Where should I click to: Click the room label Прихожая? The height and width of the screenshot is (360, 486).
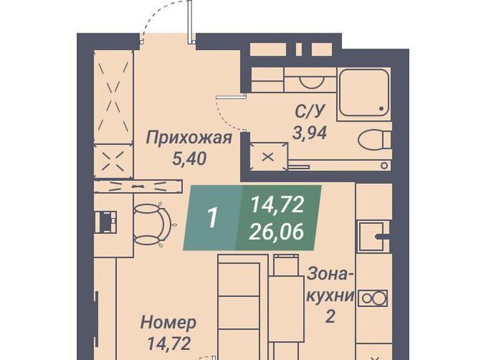189,138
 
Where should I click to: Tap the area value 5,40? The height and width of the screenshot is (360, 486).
189,159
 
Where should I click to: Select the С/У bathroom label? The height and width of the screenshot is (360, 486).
311,112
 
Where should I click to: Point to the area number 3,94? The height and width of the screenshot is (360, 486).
310,133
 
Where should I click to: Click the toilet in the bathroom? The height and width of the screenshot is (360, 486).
374,140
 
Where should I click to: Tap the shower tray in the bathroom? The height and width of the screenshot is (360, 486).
364,93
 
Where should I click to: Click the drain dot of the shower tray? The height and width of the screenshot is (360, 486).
381,109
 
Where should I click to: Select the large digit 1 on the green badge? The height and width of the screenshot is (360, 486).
213,217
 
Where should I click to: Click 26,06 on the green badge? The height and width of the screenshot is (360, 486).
276,232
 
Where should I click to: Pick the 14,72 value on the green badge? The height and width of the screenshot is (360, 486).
276,204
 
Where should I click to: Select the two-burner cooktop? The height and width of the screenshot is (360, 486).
373,298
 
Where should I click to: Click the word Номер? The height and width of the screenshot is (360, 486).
169,323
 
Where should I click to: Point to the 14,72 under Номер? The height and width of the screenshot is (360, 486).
169,343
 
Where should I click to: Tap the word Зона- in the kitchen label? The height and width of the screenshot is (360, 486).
330,274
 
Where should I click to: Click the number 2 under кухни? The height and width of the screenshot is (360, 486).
330,317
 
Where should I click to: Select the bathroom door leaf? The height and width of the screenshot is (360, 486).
231,97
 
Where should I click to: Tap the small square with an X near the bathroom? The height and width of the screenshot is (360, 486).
268,157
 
